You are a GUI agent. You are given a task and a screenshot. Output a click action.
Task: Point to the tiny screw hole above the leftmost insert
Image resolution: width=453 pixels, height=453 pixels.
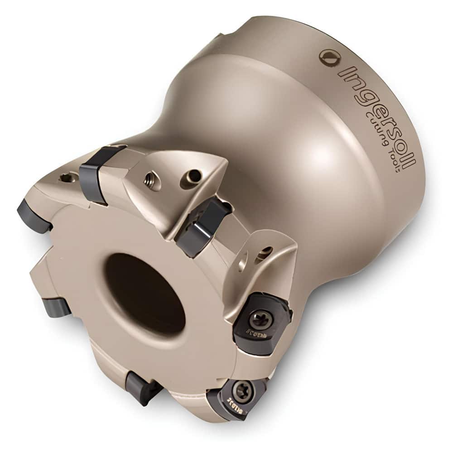click(x=67, y=178)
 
